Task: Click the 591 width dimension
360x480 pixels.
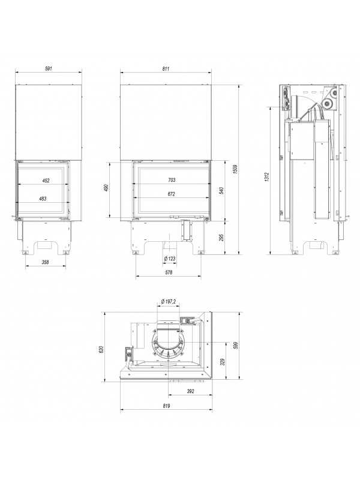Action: tap(49, 68)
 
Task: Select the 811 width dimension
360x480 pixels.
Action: tap(166, 69)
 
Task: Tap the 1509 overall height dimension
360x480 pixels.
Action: tap(235, 169)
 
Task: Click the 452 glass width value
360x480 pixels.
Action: tap(46, 181)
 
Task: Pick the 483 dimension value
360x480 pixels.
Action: tap(43, 199)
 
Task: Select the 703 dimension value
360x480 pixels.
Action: tap(172, 180)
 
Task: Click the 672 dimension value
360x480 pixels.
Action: tap(172, 194)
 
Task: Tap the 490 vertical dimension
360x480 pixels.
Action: tap(106, 188)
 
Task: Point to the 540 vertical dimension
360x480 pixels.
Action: tap(221, 190)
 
